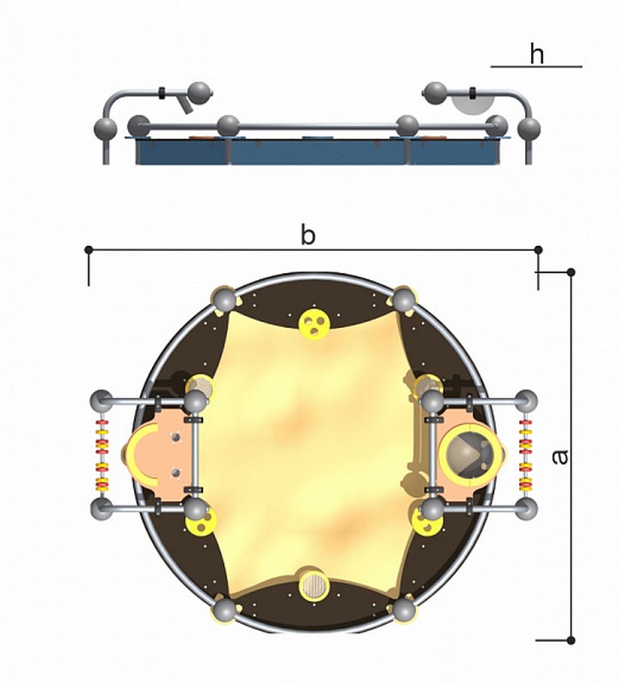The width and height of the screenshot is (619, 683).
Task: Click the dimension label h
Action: (537, 55)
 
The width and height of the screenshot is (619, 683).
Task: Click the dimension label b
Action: (308, 236)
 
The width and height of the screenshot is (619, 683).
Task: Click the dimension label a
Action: (560, 457)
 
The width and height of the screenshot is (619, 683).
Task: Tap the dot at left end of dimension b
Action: (89, 249)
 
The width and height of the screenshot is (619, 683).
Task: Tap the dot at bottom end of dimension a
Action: (571, 640)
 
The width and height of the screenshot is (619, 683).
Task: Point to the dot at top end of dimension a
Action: (571, 272)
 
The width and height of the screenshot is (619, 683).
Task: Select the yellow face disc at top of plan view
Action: (314, 324)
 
